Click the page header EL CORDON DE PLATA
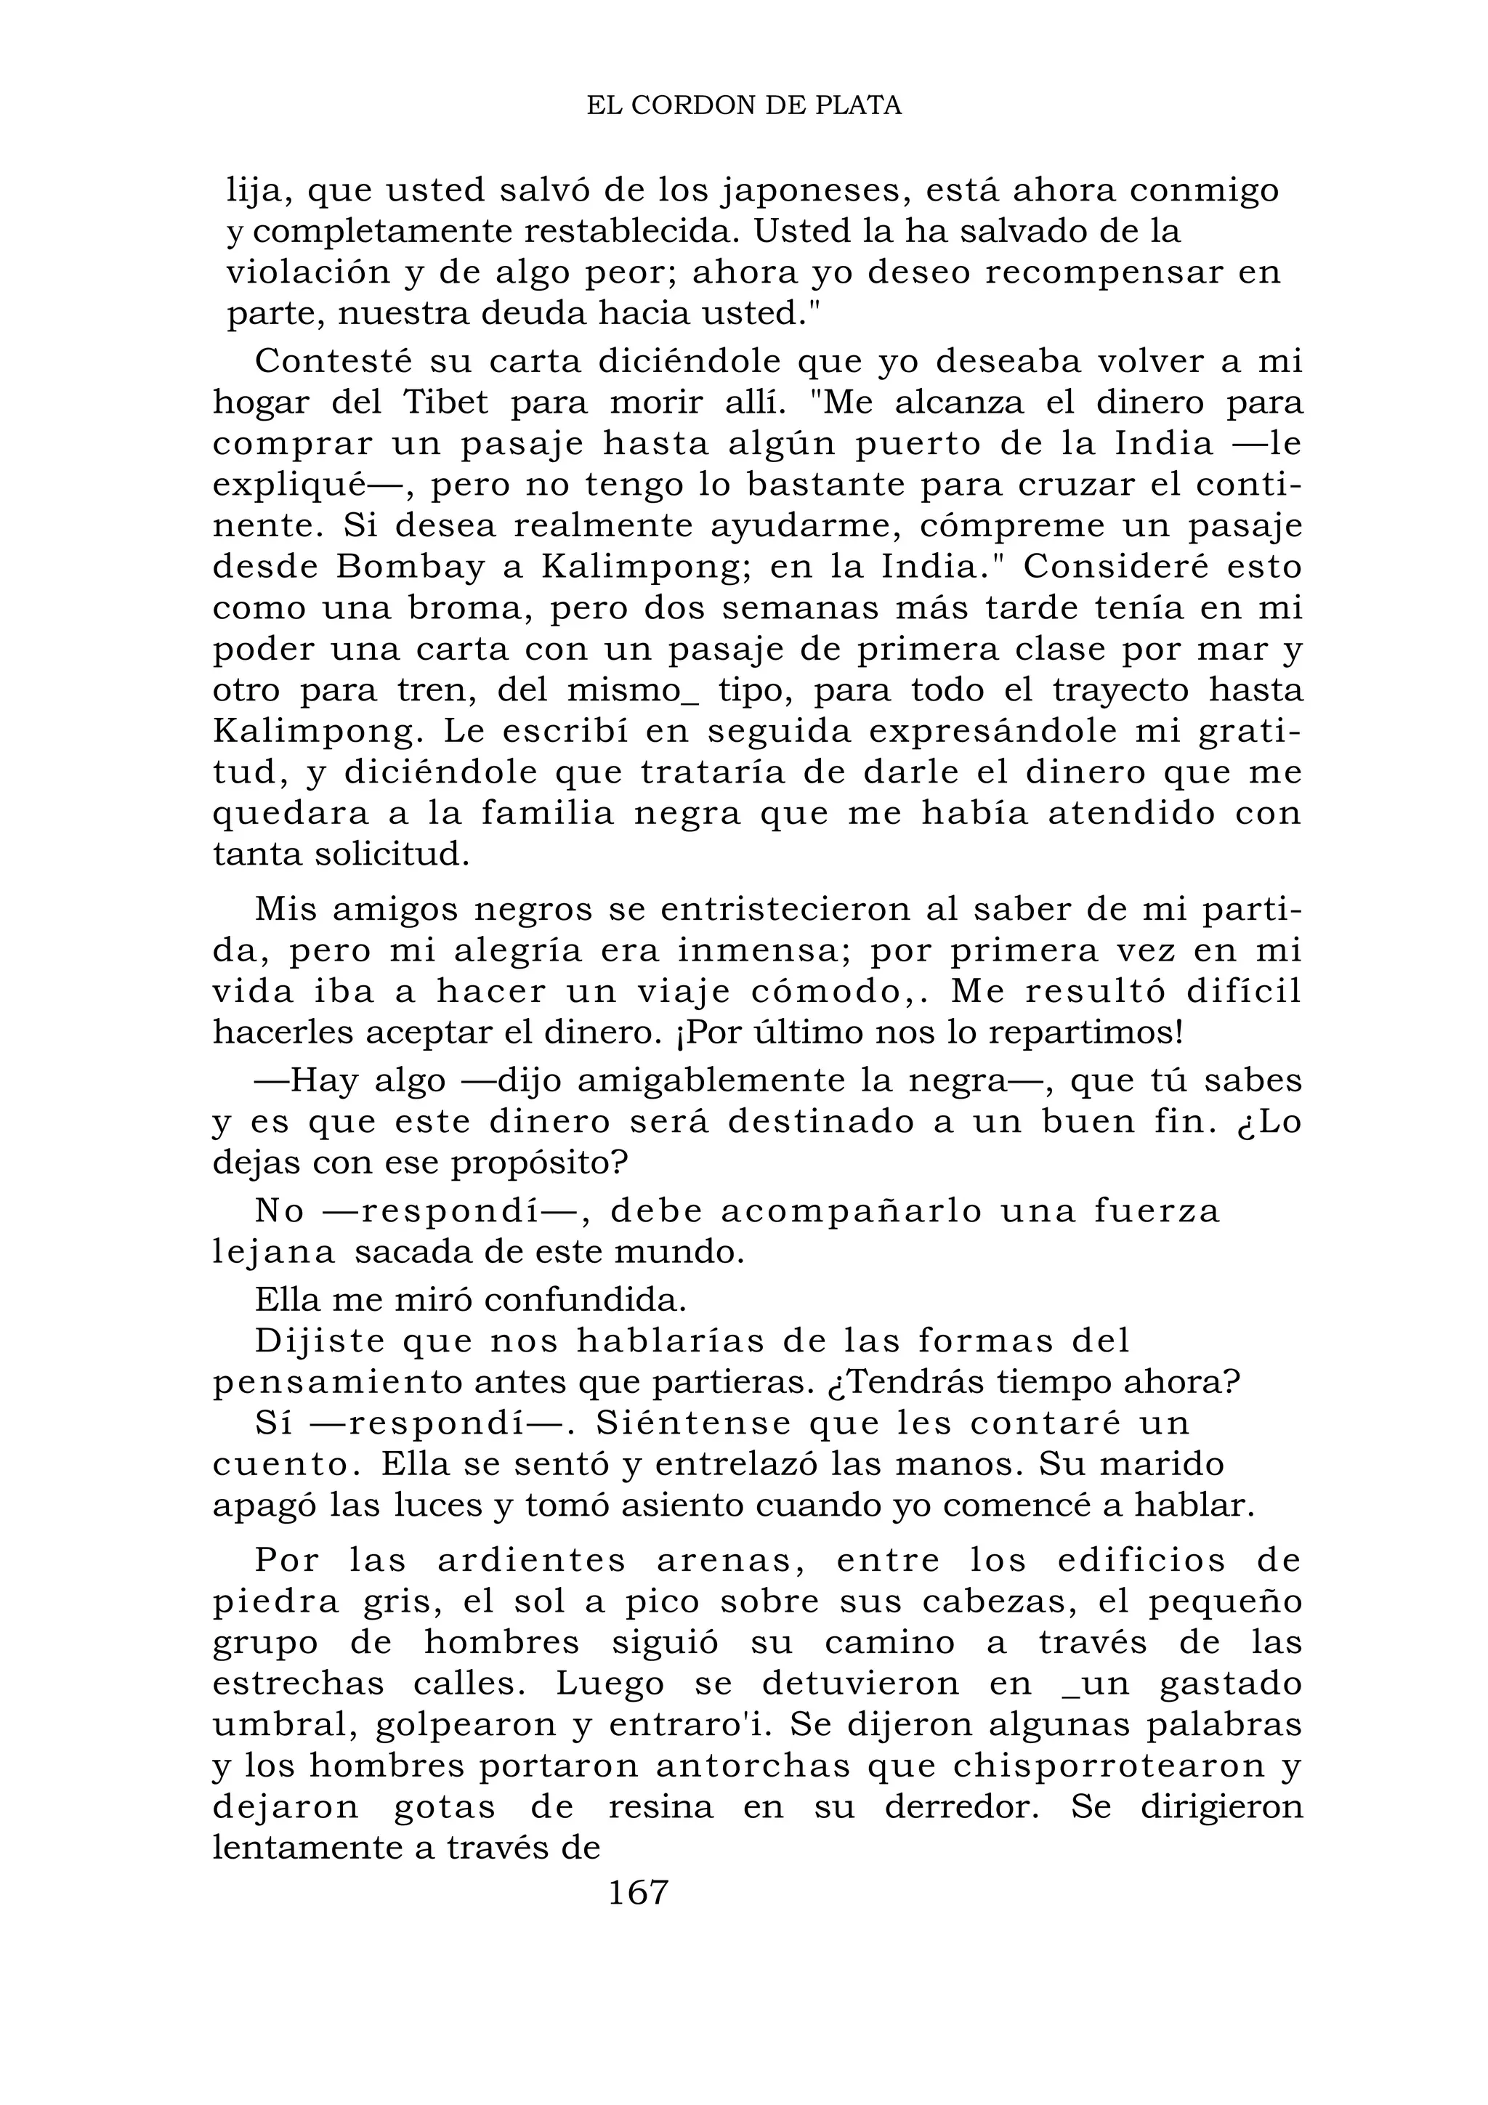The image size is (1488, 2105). pos(743,106)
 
